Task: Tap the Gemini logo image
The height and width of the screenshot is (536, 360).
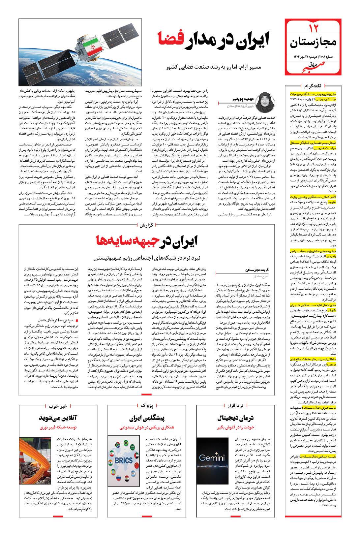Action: point(212,457)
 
